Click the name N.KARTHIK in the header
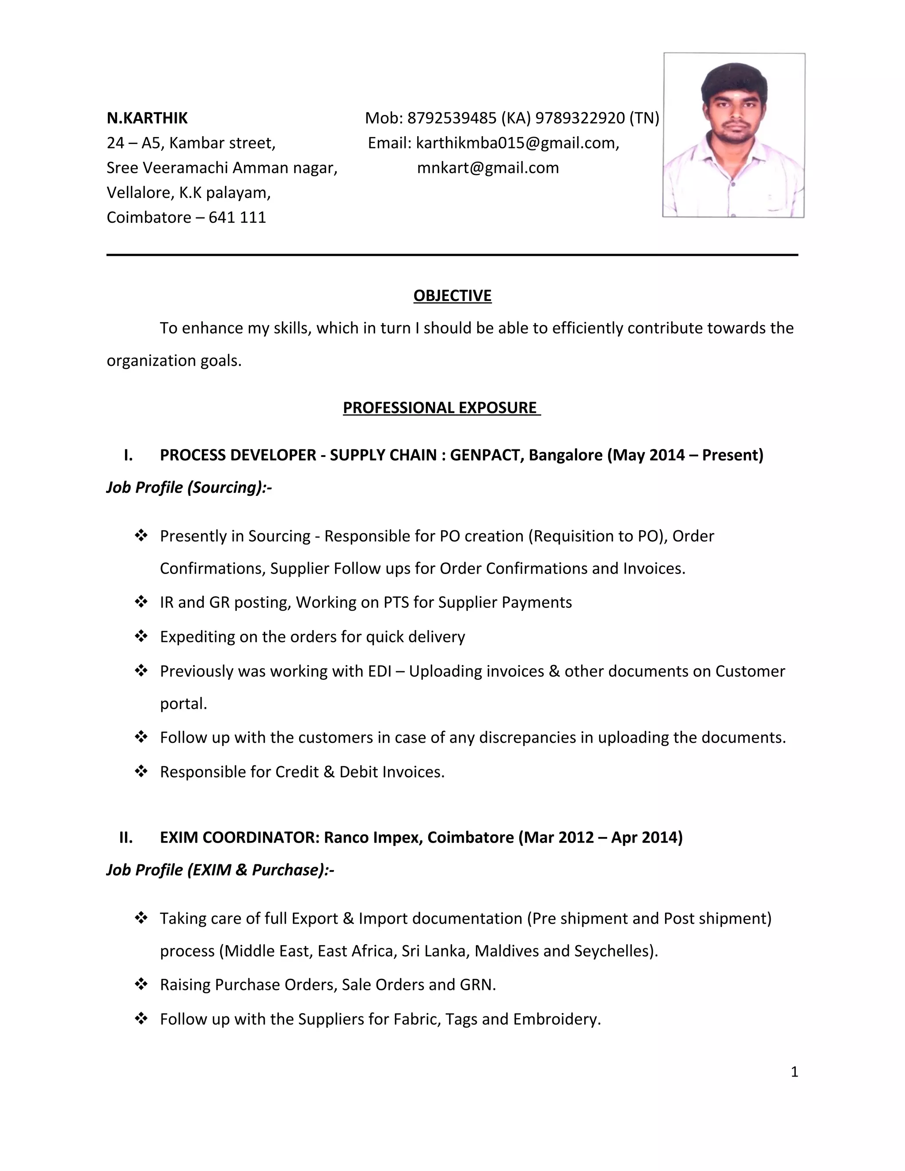[147, 118]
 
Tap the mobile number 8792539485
[452, 118]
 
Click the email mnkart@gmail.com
[488, 168]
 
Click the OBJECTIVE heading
[452, 296]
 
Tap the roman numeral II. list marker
[126, 837]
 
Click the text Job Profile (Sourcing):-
[189, 487]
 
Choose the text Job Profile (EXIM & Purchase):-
[220, 870]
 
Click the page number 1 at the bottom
[794, 1072]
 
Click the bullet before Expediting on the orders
[141, 636]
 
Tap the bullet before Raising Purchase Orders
[141, 985]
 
